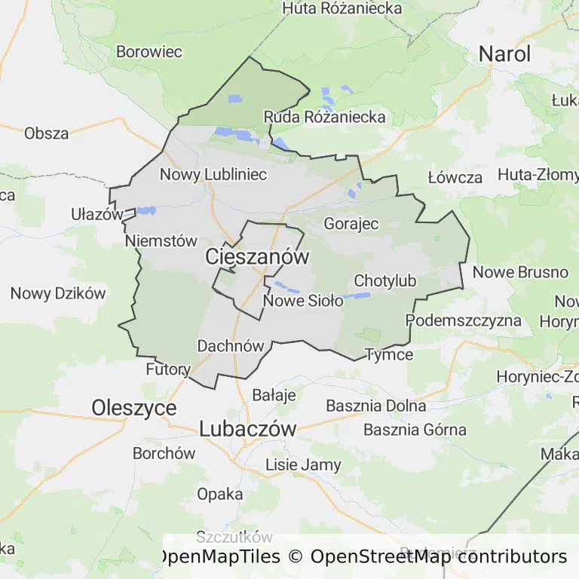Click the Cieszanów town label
tap(257, 257)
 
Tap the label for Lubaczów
tap(247, 429)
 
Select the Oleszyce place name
tap(134, 408)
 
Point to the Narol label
tap(504, 54)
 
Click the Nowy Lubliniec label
tap(213, 175)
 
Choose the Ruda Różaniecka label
tap(324, 117)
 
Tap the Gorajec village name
tap(351, 224)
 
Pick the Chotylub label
tap(384, 281)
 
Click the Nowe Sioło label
tap(303, 301)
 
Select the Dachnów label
tap(231, 346)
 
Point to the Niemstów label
tap(161, 241)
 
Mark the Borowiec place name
tap(149, 52)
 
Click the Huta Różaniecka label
tap(342, 8)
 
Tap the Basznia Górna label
tap(415, 430)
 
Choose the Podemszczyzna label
tap(464, 320)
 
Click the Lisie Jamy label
tap(303, 465)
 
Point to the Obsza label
tap(47, 133)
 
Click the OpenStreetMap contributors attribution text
tap(438, 557)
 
